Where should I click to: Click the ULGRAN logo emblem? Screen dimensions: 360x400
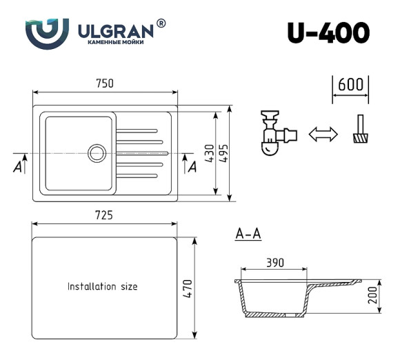point(47,32)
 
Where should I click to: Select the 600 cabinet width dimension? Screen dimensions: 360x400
point(351,85)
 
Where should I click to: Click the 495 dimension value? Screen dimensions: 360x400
point(225,154)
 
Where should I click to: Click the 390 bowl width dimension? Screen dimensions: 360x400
point(275,263)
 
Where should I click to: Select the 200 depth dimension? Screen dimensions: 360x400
point(373,298)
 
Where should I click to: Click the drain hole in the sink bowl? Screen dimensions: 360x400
point(96,153)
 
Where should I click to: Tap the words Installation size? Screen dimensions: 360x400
point(102,286)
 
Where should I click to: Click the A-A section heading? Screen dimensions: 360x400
point(248,235)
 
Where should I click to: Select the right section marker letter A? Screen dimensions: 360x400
point(192,166)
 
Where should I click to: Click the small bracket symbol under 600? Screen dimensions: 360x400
point(359,130)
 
